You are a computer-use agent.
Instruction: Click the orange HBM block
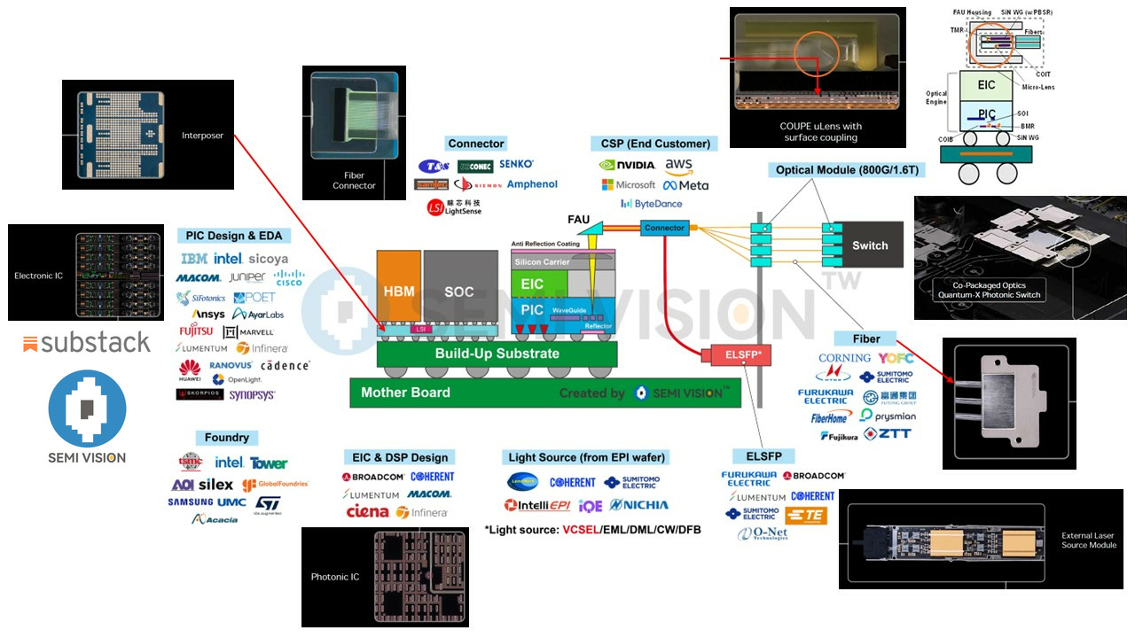tap(398, 291)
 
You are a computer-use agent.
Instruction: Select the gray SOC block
tap(459, 291)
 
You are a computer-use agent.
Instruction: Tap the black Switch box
tap(869, 245)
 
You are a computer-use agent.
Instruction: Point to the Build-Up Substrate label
tap(497, 354)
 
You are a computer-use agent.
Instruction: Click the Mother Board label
tap(405, 393)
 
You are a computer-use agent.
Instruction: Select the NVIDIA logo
tap(627, 165)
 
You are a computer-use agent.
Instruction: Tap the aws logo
tap(678, 165)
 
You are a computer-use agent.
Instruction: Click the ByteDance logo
tap(652, 204)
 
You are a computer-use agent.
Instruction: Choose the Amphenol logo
tap(532, 184)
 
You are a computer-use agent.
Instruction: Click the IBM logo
tap(194, 259)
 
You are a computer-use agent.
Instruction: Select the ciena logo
tap(367, 512)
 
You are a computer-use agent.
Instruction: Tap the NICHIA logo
tap(638, 505)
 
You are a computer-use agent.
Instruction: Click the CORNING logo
tap(844, 358)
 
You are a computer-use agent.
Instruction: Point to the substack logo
tap(87, 343)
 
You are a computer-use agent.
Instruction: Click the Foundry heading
tap(226, 438)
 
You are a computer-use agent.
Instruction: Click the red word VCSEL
tap(582, 530)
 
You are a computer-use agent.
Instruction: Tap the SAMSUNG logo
tap(190, 502)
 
